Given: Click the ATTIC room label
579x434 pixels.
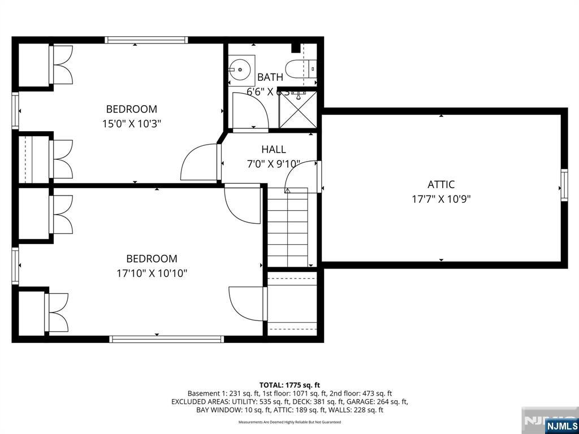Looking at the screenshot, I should pyautogui.click(x=440, y=184).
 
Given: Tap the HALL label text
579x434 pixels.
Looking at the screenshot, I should pyautogui.click(x=273, y=150).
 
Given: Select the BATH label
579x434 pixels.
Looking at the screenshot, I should pyautogui.click(x=270, y=77).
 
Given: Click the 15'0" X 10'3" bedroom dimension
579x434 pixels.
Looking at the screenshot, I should pyautogui.click(x=132, y=124).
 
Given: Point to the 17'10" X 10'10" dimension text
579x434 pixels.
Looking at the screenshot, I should pyautogui.click(x=152, y=274).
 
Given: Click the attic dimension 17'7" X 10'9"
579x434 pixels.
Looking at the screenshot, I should pyautogui.click(x=440, y=199).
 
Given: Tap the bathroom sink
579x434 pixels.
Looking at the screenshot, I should pyautogui.click(x=241, y=70).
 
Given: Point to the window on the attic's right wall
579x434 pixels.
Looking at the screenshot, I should pyautogui.click(x=564, y=185).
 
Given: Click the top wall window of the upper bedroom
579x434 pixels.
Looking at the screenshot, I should pyautogui.click(x=146, y=40).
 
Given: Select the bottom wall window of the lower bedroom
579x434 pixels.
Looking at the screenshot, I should pyautogui.click(x=166, y=339).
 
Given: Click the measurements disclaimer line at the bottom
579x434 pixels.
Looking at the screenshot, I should pyautogui.click(x=289, y=422).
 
